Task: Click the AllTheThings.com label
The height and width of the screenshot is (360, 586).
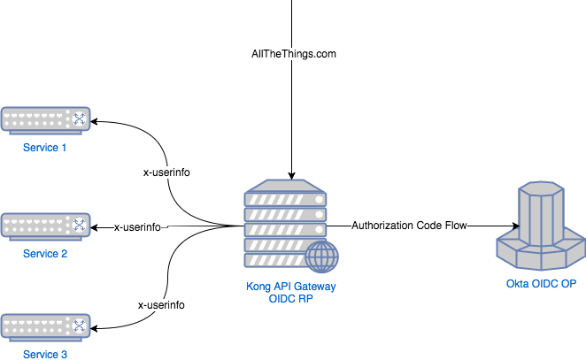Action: [x=294, y=55]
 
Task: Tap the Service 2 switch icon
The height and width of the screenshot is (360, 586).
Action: [x=45, y=226]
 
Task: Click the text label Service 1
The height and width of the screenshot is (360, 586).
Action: [x=45, y=148]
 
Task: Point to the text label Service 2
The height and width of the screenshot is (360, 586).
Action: [x=45, y=254]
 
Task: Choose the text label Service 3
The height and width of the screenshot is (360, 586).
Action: [x=45, y=354]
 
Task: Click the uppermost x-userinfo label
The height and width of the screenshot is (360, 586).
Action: [x=166, y=172]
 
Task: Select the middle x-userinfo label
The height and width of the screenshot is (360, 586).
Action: [x=137, y=227]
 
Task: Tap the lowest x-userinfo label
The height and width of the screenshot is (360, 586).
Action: [x=161, y=305]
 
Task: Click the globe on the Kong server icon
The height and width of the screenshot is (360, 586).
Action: [x=322, y=258]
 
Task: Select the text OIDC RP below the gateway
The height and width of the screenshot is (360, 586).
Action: [x=290, y=300]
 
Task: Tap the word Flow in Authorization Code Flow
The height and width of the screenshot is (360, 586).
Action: [x=455, y=226]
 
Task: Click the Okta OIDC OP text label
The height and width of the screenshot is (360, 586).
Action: [x=541, y=284]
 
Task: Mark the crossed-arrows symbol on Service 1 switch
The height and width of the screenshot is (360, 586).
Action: [x=80, y=119]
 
